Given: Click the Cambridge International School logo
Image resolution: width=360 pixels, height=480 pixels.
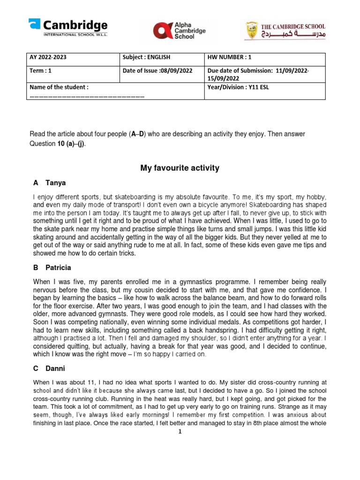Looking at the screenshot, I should click(68, 28).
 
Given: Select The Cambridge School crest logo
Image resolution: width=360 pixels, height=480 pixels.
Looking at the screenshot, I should click(285, 31).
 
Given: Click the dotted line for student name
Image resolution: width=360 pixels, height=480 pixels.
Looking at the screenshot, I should click(87, 96).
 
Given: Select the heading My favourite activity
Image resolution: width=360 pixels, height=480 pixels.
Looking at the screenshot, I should click(180, 168).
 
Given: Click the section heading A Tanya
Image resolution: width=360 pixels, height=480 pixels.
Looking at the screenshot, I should click(49, 183).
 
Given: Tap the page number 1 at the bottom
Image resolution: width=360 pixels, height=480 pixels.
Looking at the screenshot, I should click(180, 431).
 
